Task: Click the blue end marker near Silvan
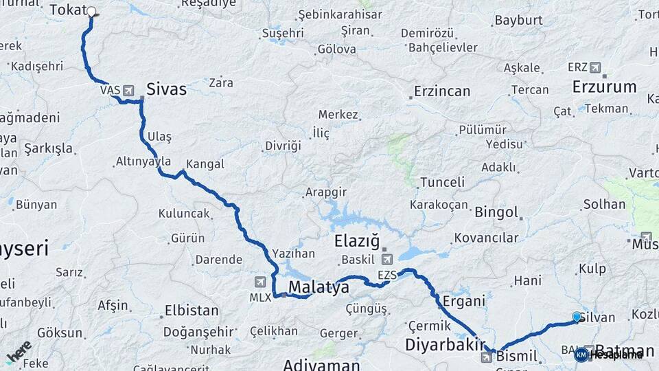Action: point(577,316)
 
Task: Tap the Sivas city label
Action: point(166,89)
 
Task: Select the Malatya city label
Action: point(319,286)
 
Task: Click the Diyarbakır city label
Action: point(446,344)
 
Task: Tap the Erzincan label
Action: point(442,91)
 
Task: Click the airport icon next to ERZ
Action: point(594,67)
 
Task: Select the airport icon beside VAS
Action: point(128,90)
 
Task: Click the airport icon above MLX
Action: point(259,282)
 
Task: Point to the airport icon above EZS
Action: point(386,260)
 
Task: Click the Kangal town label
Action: point(205,164)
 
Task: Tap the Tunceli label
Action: point(441,182)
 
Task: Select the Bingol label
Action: point(496,212)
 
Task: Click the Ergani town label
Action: point(463,300)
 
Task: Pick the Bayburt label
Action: point(518,20)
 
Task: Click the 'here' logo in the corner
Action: point(19,351)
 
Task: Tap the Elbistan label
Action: point(192,310)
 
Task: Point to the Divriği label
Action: point(283,146)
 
